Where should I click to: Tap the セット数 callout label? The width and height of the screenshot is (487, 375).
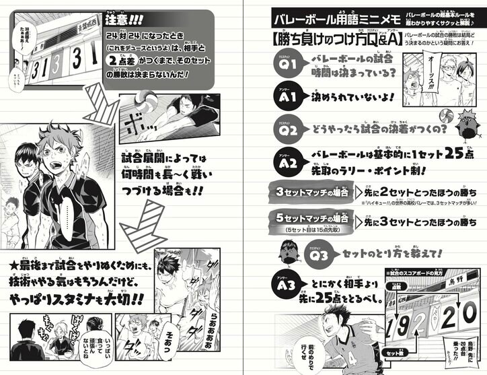point(389,353)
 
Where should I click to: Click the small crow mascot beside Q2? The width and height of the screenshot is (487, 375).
point(459,127)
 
